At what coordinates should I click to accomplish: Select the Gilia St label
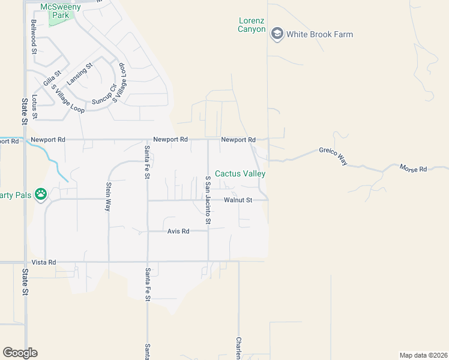click(x=52, y=78)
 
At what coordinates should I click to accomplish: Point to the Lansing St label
click(x=80, y=74)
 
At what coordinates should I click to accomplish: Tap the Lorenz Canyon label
click(x=252, y=25)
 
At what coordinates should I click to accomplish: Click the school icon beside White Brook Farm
click(x=277, y=34)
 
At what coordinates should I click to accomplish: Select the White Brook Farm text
click(x=319, y=34)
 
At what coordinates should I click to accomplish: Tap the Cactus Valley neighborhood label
click(x=240, y=173)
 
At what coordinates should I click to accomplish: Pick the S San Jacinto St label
click(x=208, y=200)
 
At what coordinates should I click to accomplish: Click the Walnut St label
click(x=238, y=200)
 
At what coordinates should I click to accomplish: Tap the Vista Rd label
click(x=44, y=262)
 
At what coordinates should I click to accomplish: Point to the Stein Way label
click(x=109, y=197)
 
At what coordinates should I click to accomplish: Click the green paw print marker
click(x=41, y=194)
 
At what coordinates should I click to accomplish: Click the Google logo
click(x=20, y=353)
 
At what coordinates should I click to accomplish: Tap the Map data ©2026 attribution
click(x=423, y=355)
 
